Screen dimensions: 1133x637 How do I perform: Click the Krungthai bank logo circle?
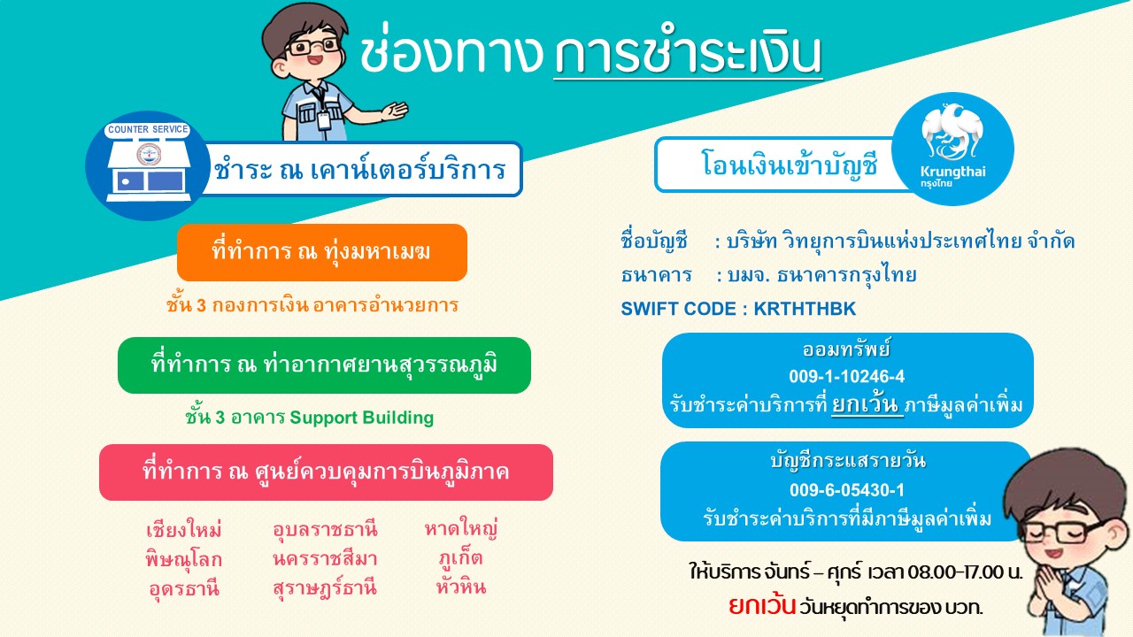click(953, 149)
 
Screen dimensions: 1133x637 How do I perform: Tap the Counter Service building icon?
click(148, 165)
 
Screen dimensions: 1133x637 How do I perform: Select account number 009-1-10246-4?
click(847, 377)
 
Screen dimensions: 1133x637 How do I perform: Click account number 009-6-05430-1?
click(847, 490)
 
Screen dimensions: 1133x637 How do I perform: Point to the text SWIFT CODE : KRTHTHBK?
click(738, 309)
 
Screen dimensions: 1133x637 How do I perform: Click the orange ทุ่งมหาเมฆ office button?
click(321, 252)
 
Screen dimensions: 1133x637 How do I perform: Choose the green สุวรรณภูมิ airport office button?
click(324, 365)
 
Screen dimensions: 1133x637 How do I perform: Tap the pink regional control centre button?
click(327, 472)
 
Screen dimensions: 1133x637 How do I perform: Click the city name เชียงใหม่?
click(184, 530)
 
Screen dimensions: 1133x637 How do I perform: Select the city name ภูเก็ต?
click(461, 558)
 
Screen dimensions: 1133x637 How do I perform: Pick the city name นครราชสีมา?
click(325, 559)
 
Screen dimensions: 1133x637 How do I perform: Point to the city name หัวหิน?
click(461, 587)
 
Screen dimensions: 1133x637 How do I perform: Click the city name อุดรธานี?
click(184, 589)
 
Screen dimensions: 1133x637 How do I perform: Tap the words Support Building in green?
click(362, 418)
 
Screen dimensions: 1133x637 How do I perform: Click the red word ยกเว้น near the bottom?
click(762, 606)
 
